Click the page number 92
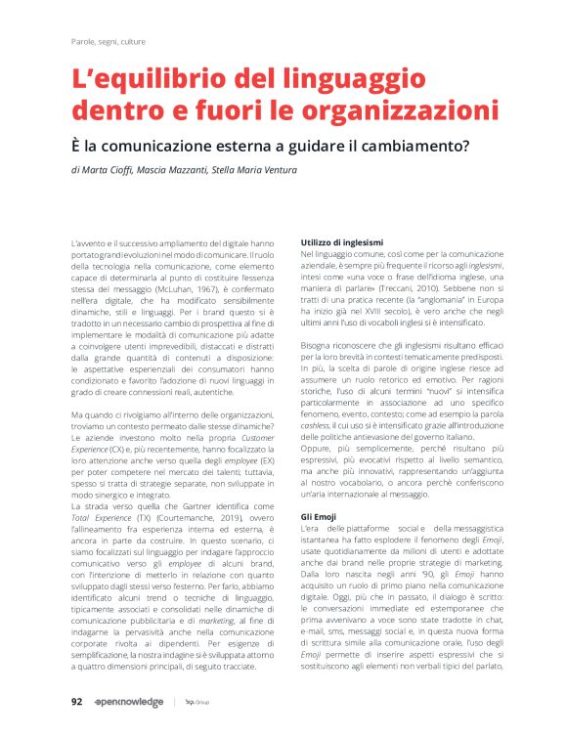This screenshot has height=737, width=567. pos(76,703)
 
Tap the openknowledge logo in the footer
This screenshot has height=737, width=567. pos(129,703)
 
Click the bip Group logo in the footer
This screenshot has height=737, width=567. pos(197,703)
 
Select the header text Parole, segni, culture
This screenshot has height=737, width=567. pos(109,42)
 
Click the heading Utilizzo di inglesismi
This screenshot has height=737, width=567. pos(341,240)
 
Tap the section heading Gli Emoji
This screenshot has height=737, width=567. pos(319,515)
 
